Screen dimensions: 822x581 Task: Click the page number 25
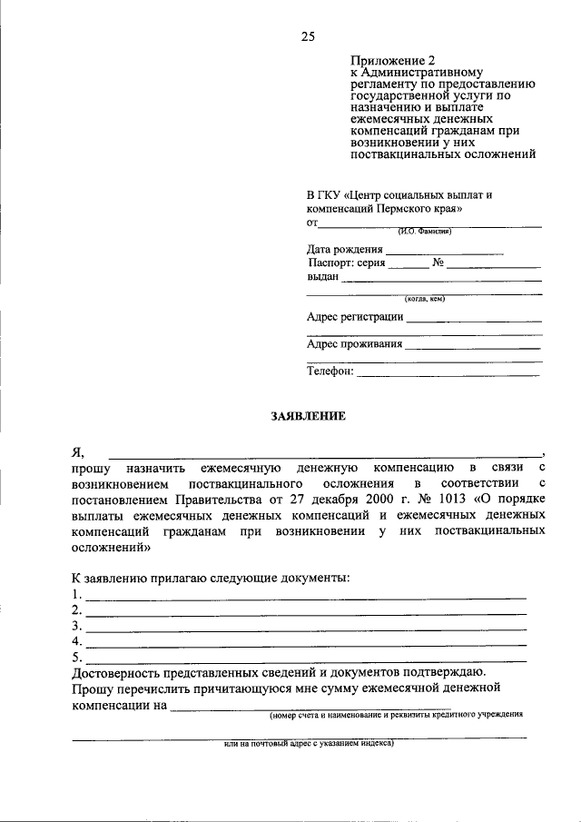307,36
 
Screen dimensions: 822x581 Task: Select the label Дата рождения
344,249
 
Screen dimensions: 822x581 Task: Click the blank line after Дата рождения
444,253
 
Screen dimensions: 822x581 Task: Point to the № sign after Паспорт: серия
437,263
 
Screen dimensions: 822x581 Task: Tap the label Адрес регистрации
355,317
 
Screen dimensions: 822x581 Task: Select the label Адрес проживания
354,344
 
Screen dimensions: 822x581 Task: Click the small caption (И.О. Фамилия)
423,231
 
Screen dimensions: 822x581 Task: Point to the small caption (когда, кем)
424,299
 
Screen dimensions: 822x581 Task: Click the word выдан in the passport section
322,277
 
